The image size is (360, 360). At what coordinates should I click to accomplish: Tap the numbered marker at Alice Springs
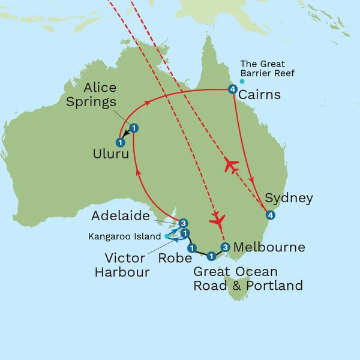coord(134,127)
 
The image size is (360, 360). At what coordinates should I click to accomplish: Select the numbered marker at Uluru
coord(121,142)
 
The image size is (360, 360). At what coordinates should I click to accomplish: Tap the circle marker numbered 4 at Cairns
coord(232,90)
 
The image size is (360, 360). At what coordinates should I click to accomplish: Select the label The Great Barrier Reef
coord(262,68)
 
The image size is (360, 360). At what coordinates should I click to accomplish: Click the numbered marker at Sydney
coord(270,215)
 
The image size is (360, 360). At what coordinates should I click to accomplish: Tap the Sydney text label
coord(289,198)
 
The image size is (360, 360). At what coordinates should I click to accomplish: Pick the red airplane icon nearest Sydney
coord(231,165)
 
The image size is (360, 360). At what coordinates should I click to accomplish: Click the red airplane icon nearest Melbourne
coord(218,220)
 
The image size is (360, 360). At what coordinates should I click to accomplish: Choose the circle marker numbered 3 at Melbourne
coord(225,247)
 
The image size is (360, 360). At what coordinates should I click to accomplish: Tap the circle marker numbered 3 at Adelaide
coord(184,222)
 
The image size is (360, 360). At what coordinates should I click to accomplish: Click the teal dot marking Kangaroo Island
coord(166,236)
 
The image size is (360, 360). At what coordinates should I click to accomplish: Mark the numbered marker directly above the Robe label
coord(191,247)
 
